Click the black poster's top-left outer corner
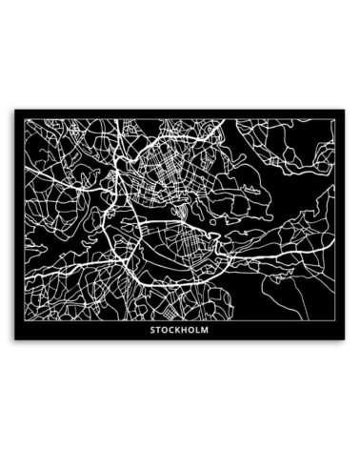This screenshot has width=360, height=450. coord(13,109)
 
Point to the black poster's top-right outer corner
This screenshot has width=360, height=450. coord(347,109)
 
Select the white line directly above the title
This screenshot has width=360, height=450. coord(180,321)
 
